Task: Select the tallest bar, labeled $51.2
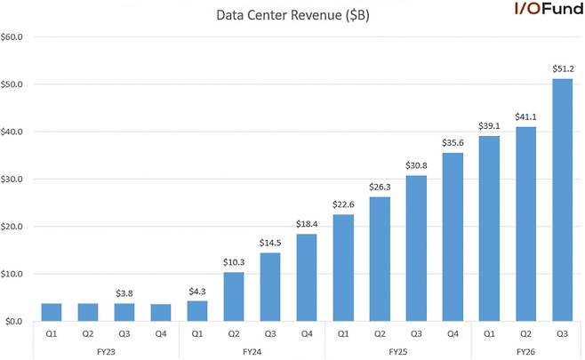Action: tap(562, 200)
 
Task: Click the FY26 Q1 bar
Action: tap(489, 228)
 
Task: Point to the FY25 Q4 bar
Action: tap(453, 236)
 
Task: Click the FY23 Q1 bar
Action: tap(52, 312)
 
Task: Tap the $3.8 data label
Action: tap(124, 292)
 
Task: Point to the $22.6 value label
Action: tap(343, 204)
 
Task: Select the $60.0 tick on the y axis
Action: tap(15, 37)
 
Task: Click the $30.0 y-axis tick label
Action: tap(15, 180)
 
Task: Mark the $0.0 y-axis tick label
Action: tap(17, 321)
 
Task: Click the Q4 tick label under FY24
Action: tap(307, 334)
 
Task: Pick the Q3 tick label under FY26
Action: tap(562, 334)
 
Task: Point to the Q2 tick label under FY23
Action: tap(88, 334)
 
